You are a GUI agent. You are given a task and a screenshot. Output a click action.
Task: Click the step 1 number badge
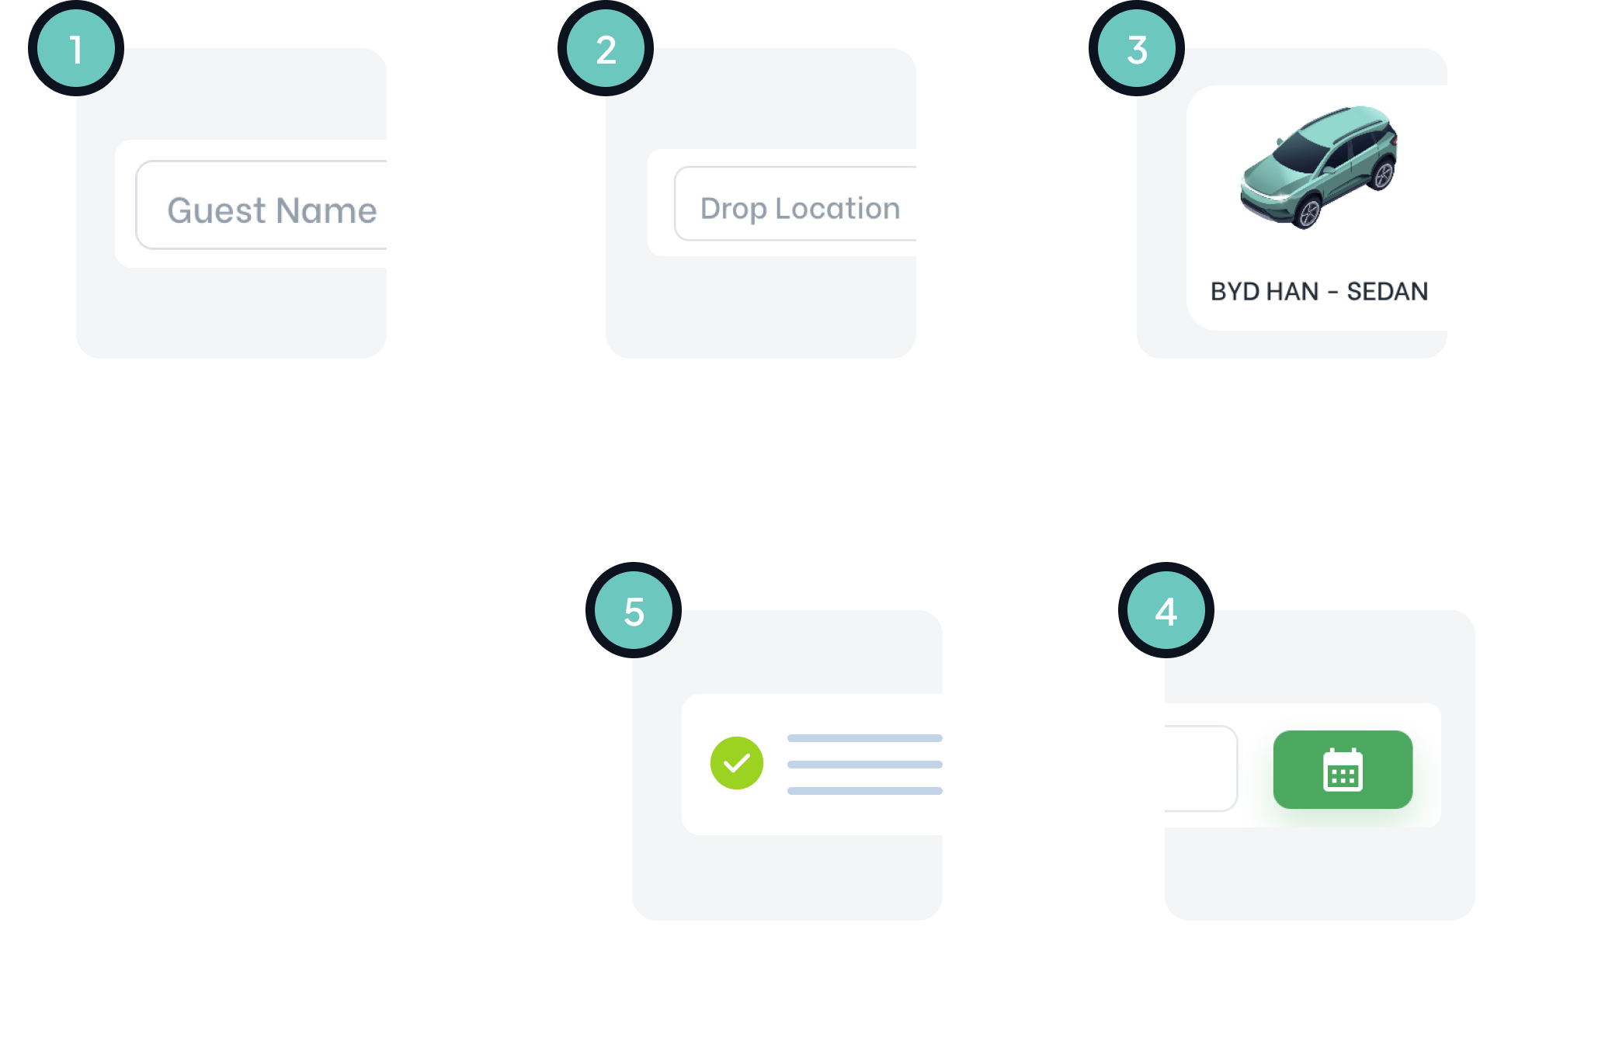[x=76, y=49]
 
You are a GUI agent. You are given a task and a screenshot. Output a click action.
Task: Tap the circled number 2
[x=606, y=49]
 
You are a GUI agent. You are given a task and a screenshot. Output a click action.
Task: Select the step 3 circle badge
[x=1137, y=49]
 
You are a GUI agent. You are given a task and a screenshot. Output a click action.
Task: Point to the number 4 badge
[x=1166, y=611]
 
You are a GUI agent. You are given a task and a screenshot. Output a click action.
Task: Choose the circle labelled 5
[x=634, y=611]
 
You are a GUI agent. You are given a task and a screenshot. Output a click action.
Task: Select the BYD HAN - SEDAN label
[x=1318, y=291]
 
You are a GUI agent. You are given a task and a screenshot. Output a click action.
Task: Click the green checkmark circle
[x=736, y=763]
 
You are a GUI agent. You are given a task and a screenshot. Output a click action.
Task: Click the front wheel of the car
[x=1309, y=213]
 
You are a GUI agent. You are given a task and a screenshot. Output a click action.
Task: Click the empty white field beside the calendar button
[x=1200, y=768]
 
